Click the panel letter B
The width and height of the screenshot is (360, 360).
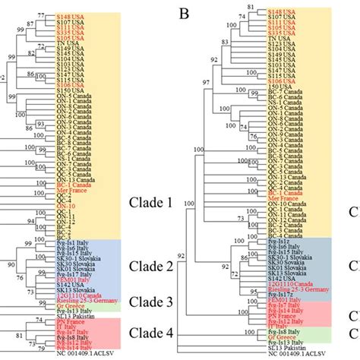tap(183, 14)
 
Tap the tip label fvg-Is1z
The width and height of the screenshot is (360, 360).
tap(286, 242)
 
